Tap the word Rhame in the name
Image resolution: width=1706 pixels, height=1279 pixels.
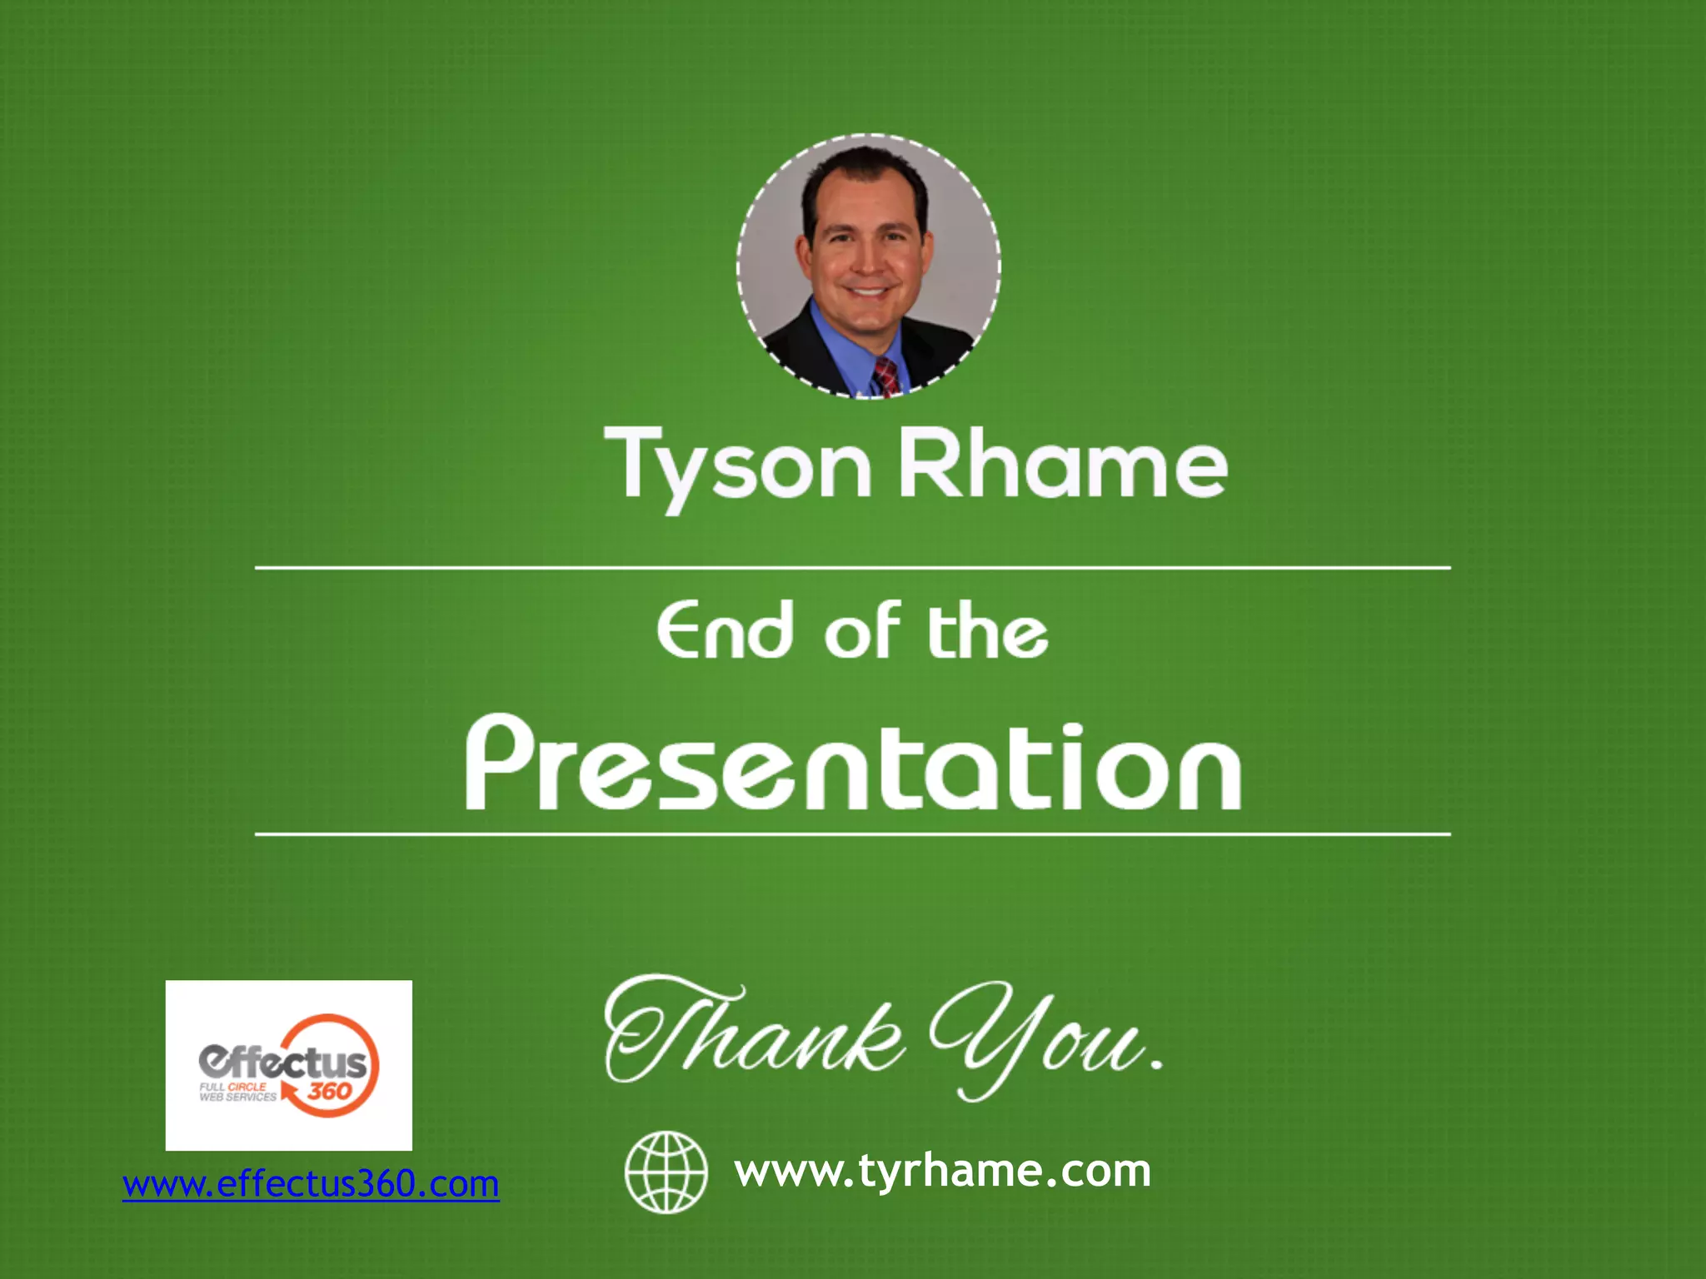(1062, 463)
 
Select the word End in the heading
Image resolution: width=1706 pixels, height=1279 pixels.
(724, 630)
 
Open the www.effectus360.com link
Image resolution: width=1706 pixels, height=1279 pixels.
(311, 1184)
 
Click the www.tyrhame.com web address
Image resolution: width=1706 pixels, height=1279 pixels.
(942, 1171)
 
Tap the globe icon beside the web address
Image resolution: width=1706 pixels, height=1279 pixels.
(666, 1172)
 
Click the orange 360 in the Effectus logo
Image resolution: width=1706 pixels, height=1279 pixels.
(329, 1091)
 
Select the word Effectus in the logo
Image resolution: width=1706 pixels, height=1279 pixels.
(282, 1062)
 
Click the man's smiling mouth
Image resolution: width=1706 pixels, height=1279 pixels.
(866, 292)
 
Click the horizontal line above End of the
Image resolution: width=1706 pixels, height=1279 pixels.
(853, 568)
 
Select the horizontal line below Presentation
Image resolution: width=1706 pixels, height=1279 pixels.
(853, 834)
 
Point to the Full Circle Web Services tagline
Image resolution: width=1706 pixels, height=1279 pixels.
(237, 1092)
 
